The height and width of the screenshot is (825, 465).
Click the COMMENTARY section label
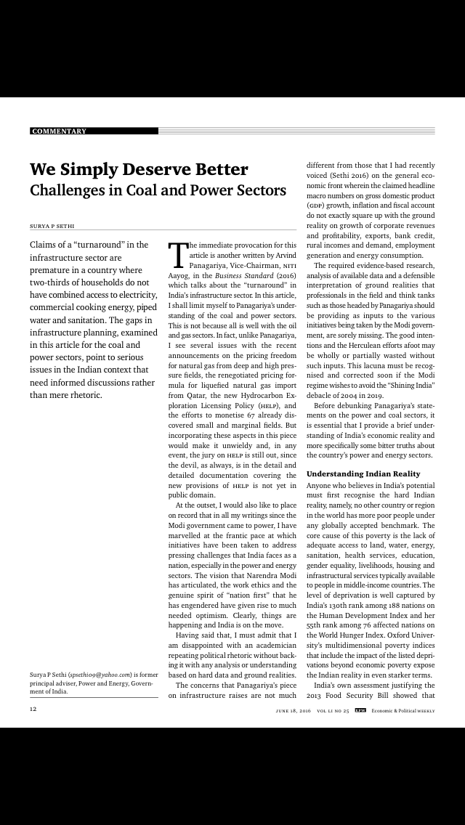59,131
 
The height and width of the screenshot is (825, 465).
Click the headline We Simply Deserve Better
139,170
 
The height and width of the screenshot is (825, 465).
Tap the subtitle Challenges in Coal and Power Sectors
158,191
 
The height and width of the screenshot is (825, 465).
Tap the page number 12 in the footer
33,709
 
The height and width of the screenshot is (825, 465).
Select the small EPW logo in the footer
360,710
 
